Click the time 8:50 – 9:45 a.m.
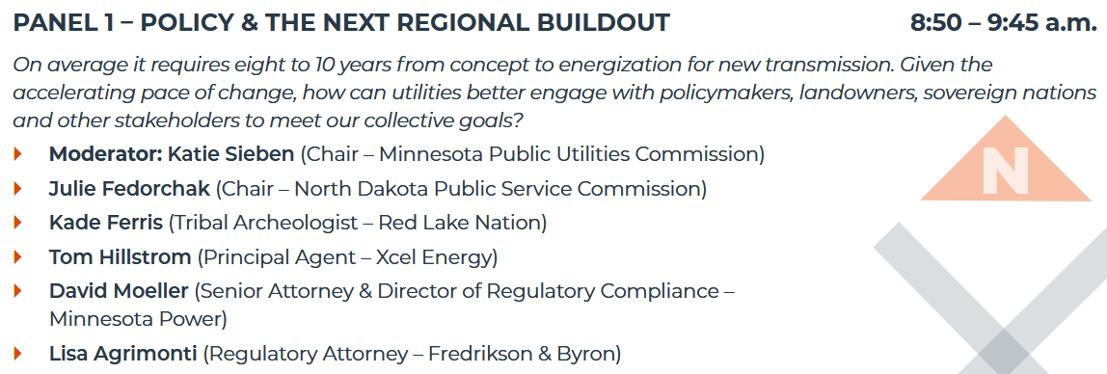[1004, 22]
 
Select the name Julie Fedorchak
[129, 188]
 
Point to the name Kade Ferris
[106, 223]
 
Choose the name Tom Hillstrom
[120, 257]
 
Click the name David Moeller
[119, 291]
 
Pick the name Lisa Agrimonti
[123, 353]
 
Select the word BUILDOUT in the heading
[603, 22]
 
